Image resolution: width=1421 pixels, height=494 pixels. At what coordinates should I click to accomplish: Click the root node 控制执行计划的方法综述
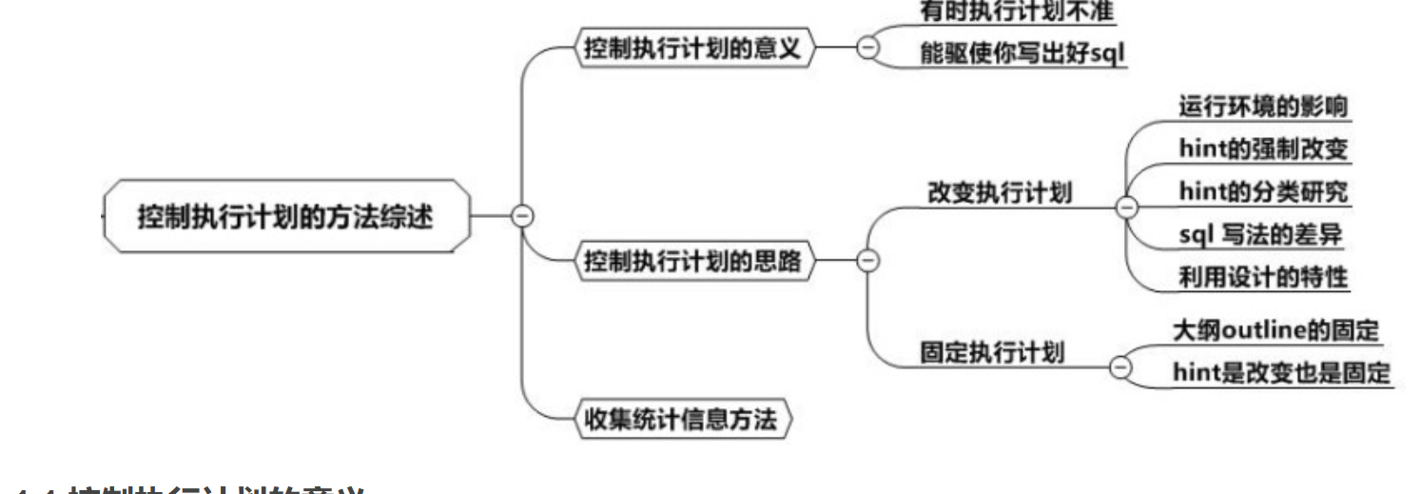pyautogui.click(x=286, y=216)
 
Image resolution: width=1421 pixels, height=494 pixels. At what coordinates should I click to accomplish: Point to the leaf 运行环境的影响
pyautogui.click(x=1262, y=107)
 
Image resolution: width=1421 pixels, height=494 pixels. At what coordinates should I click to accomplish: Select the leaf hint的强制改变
pyautogui.click(x=1262, y=149)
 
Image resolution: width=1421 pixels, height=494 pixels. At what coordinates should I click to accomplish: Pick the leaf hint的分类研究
pyautogui.click(x=1262, y=191)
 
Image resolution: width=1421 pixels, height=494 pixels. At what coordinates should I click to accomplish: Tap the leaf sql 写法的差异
pyautogui.click(x=1262, y=233)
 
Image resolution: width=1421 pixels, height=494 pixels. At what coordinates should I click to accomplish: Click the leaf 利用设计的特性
pyautogui.click(x=1262, y=275)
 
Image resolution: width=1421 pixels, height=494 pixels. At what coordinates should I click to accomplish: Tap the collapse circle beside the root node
pyautogui.click(x=521, y=216)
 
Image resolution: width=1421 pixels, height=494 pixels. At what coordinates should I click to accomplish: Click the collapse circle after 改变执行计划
pyautogui.click(x=1127, y=207)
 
